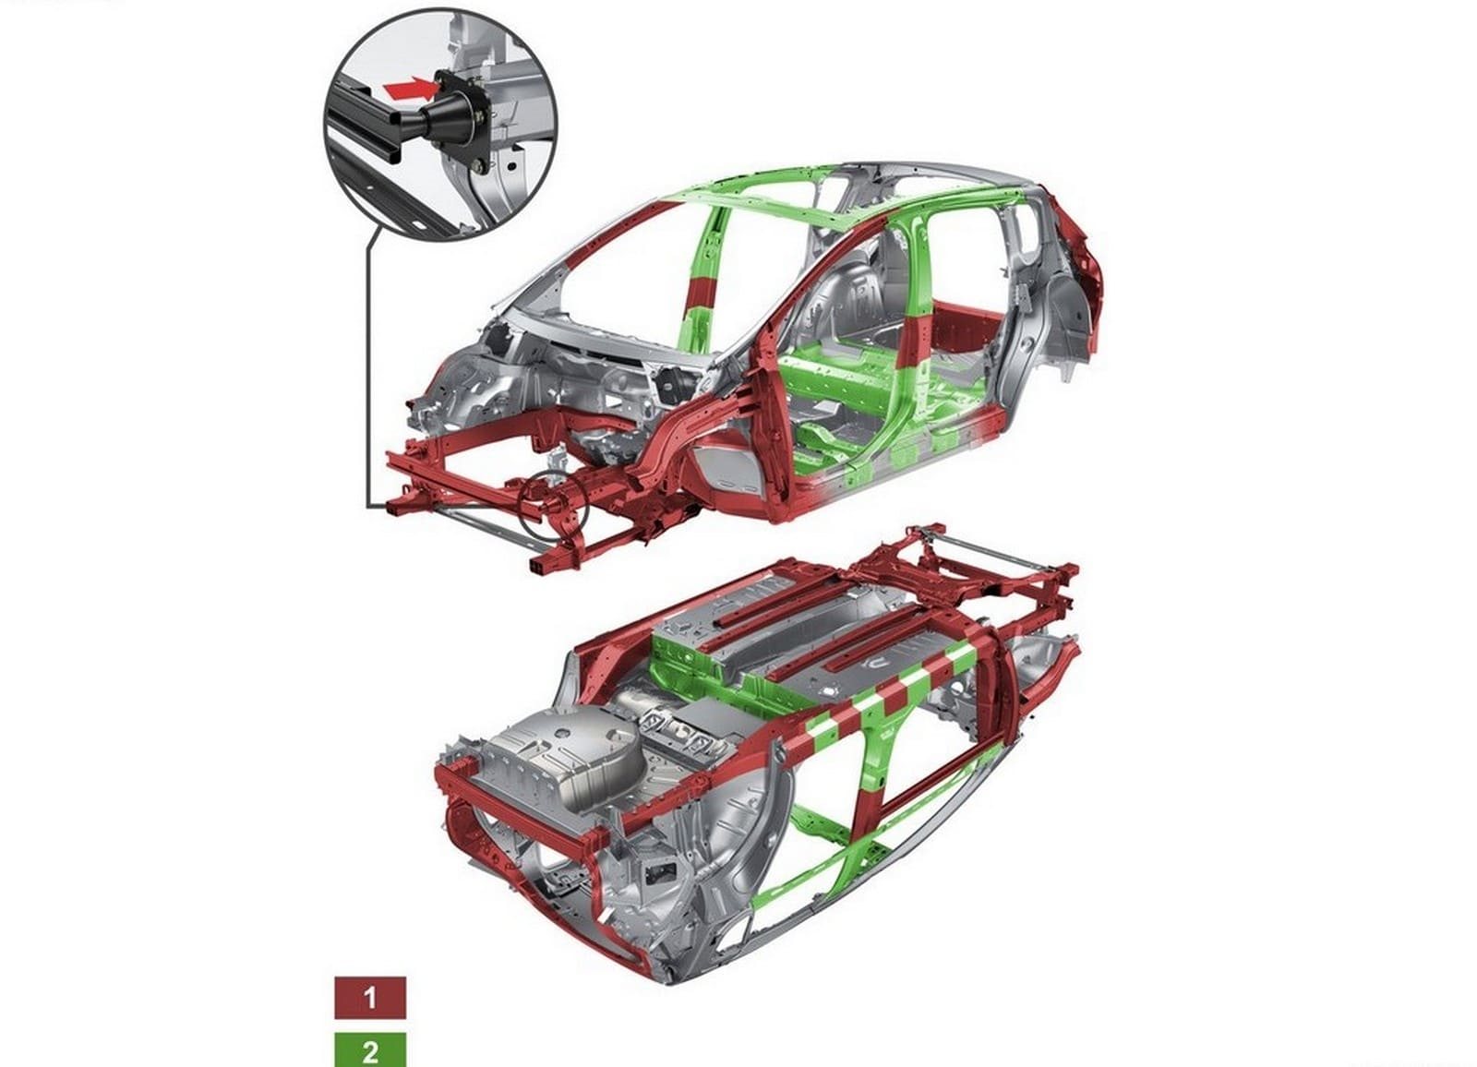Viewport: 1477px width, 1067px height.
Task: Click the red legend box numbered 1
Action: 370,998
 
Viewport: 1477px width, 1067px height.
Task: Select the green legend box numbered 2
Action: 370,1049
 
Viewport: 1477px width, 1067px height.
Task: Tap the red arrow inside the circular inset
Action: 410,89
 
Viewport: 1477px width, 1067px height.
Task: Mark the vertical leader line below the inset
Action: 366,369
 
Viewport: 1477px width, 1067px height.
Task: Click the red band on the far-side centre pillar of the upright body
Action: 701,293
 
